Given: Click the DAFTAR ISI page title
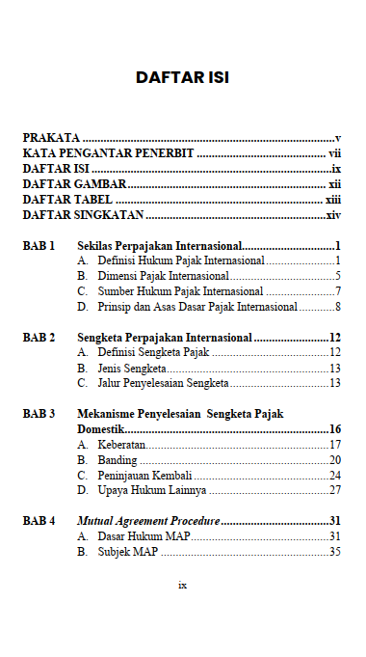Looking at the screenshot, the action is coord(182,77).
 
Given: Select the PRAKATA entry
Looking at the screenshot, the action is coord(51,139).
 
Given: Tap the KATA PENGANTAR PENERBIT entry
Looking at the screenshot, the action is coord(109,153).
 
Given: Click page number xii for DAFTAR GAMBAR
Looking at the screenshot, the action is coord(335,184).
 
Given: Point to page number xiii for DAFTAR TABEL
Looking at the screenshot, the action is coord(333,200).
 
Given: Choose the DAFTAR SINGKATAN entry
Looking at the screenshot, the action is coord(84,215).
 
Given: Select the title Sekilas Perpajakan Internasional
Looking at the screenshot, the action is coord(160,246).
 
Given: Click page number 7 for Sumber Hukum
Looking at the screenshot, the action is coord(339,291).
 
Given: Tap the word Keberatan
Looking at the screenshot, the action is coord(121,445).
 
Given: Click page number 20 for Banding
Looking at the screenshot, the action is coord(335,460).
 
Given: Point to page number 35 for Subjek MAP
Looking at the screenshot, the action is coord(335,552).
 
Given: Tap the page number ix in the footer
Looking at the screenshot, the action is coord(183,585).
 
